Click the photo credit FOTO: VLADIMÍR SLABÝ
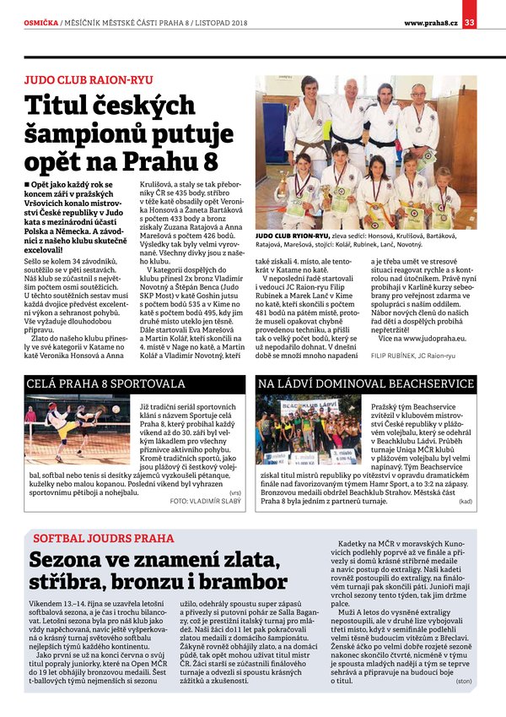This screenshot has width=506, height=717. pyautogui.click(x=206, y=500)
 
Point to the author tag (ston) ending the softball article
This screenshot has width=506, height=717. pyautogui.click(x=463, y=680)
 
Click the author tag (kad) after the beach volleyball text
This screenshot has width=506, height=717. pyautogui.click(x=465, y=501)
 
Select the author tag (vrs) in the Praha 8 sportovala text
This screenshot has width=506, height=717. pyautogui.click(x=234, y=491)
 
